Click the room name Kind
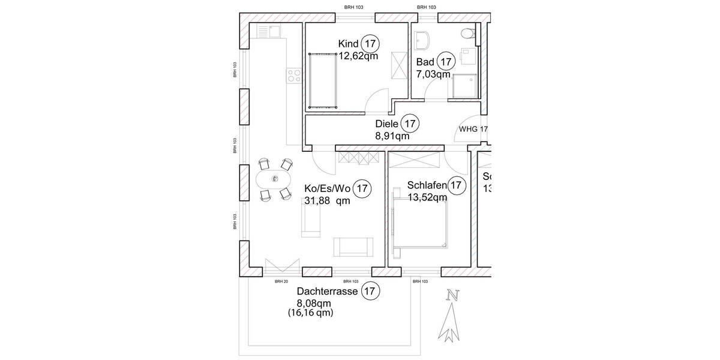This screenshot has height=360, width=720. coord(348,44)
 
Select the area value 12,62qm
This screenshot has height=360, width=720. coord(358,56)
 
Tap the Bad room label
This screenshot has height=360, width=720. coord(425,62)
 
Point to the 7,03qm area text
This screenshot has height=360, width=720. coord(433,74)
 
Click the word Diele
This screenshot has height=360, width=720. coord(386,124)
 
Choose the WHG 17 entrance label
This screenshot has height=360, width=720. coord(473,129)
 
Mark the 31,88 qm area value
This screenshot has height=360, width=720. coord(327,202)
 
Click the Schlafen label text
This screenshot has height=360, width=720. coord(427,185)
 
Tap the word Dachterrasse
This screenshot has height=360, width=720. coord(328,292)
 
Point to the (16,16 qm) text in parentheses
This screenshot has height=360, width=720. coord(310,313)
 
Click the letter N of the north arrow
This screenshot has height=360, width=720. coord(453,295)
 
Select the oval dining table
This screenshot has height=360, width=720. coord(274,179)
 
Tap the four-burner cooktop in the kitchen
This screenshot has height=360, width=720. coord(294,75)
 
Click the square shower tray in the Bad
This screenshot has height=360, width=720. coord(465,86)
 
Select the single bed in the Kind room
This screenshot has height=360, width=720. coord(323,80)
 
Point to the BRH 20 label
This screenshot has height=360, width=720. coord(281,281)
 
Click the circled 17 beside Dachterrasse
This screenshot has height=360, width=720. coord(371,292)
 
